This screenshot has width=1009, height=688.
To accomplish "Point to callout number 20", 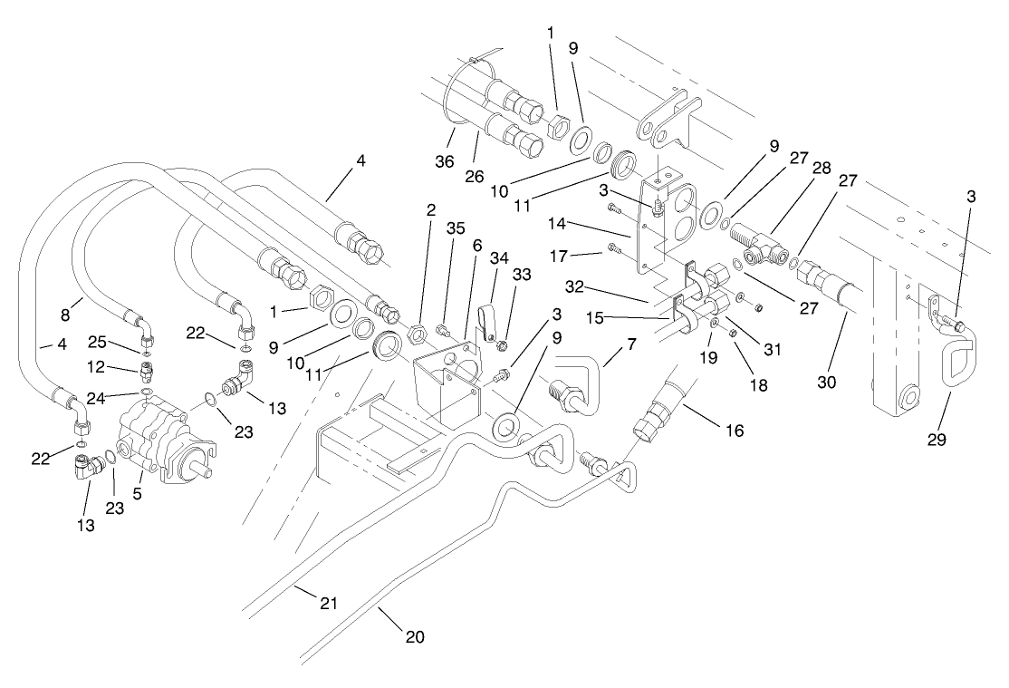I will tap(415, 636).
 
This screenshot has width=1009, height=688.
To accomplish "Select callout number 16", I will tap(734, 430).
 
